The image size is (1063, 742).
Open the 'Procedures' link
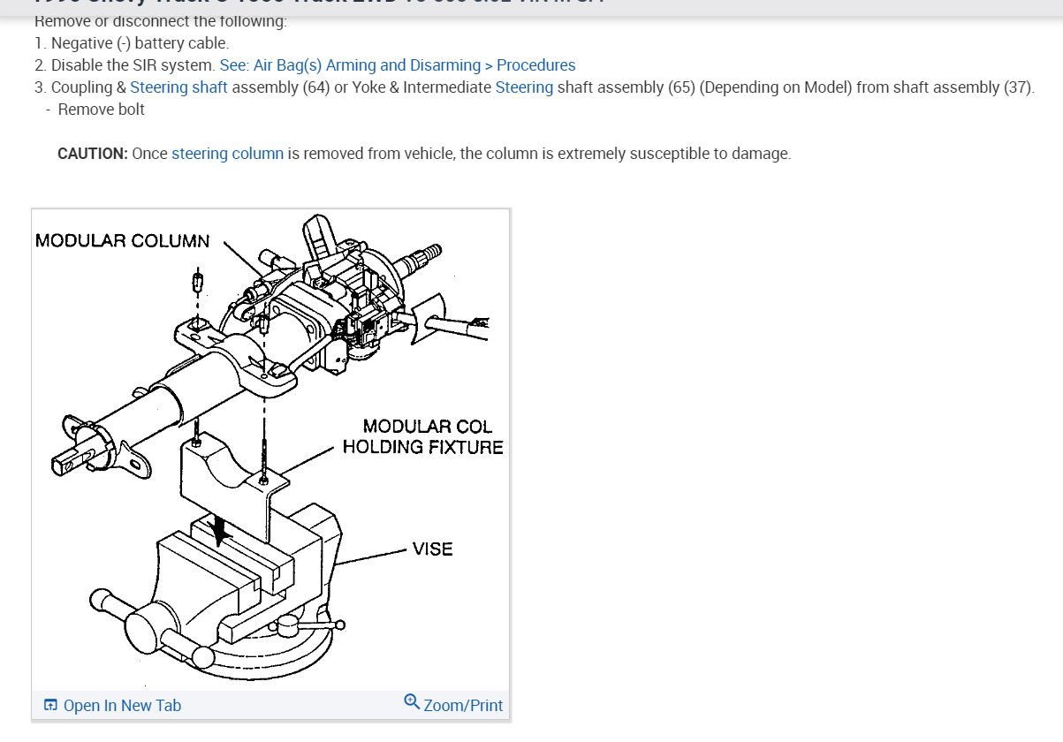535,65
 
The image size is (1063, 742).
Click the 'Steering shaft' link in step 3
178,87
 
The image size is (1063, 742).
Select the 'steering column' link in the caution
227,154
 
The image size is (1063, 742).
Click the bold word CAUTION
93,154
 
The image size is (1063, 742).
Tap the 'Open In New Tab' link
122,705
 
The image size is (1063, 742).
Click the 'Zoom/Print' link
463,705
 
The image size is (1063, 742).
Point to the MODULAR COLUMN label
123,241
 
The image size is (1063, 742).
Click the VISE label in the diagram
432,549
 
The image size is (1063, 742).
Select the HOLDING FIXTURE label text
422,447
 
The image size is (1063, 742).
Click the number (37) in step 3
1017,87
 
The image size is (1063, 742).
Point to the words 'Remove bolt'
101,110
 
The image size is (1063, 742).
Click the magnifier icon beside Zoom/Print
412,702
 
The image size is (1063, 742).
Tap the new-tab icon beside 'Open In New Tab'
50,705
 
